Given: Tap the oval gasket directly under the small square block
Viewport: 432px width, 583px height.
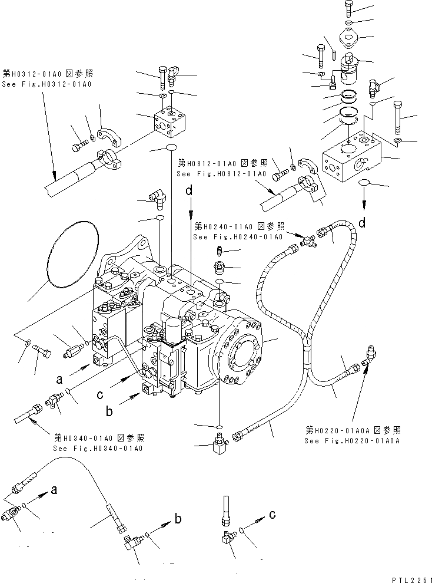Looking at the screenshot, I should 171,147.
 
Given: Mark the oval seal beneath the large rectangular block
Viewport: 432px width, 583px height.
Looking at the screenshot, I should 364,184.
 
